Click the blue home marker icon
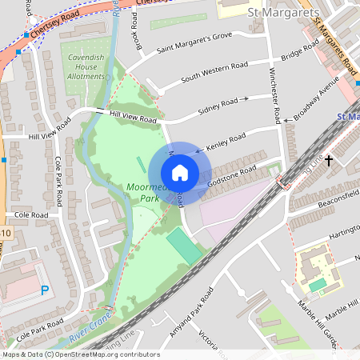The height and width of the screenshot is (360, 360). [x=179, y=173]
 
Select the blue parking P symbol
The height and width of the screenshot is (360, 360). [x=44, y=290]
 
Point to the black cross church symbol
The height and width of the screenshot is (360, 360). [x=328, y=161]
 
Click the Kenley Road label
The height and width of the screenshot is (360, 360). [x=226, y=143]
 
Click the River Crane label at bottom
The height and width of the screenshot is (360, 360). [x=86, y=335]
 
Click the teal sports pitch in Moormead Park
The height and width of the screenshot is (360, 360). [x=185, y=244]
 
